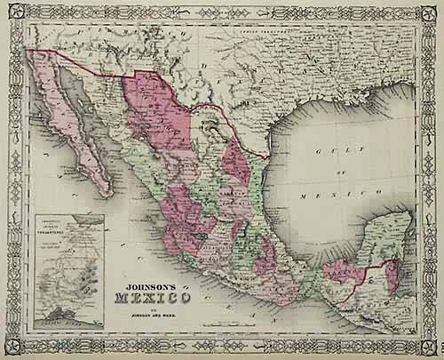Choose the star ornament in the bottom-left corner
15,345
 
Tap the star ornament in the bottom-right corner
429,345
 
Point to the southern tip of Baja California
108,193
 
